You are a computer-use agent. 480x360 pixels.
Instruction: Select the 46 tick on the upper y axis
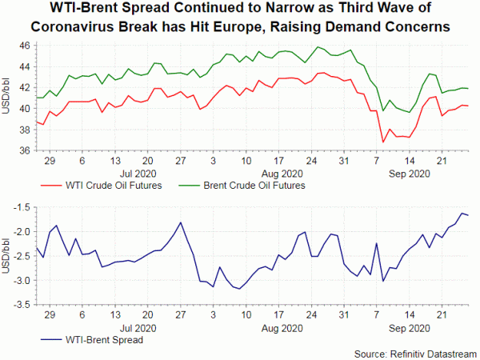click(x=24, y=46)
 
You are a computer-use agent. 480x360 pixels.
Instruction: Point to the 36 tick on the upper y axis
click(x=24, y=150)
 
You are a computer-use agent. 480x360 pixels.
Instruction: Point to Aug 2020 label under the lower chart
click(x=282, y=328)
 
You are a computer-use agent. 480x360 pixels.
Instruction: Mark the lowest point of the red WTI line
click(x=383, y=142)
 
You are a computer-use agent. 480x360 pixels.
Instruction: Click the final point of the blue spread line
click(x=468, y=215)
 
